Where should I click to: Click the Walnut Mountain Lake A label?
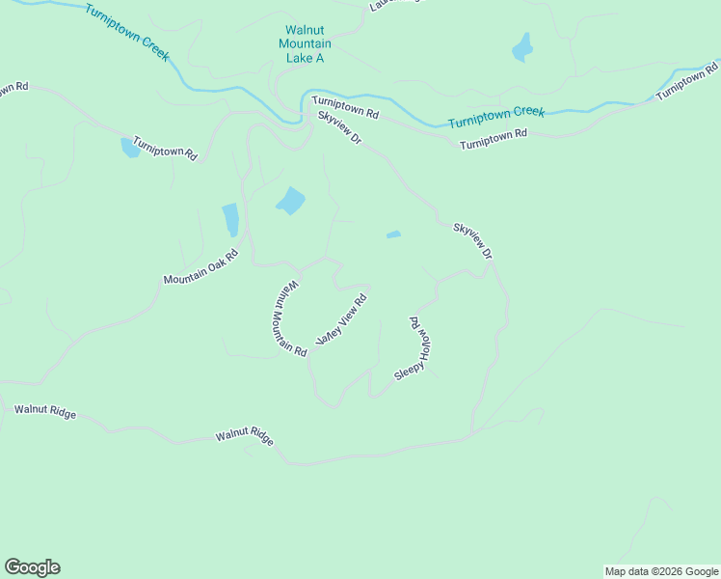pyautogui.click(x=305, y=44)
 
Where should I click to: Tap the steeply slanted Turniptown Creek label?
pyautogui.click(x=126, y=33)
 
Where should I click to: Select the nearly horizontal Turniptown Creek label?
pyautogui.click(x=496, y=117)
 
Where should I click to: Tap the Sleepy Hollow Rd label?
pyautogui.click(x=417, y=347)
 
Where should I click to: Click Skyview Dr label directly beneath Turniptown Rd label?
pyautogui.click(x=339, y=128)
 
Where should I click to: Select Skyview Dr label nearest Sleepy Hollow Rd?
pyautogui.click(x=473, y=241)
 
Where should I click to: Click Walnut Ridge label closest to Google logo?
pyautogui.click(x=44, y=410)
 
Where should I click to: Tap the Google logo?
pyautogui.click(x=32, y=567)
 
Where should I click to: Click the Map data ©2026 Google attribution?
pyautogui.click(x=661, y=571)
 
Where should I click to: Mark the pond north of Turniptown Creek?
pyautogui.click(x=522, y=47)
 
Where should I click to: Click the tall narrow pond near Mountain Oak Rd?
pyautogui.click(x=230, y=220)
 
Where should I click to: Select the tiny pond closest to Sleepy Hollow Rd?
pyautogui.click(x=393, y=234)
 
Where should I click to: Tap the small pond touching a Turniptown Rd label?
pyautogui.click(x=129, y=148)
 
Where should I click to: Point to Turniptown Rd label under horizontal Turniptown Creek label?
pyautogui.click(x=494, y=139)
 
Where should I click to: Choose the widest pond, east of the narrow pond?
pyautogui.click(x=290, y=201)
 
